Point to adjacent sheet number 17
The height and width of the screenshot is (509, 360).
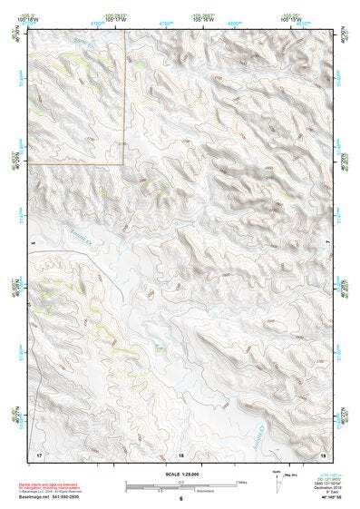click(x=38, y=454)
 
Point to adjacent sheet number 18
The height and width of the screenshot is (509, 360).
click(x=180, y=454)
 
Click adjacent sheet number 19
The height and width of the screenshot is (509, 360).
click(x=324, y=454)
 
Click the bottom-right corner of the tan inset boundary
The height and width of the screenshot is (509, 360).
click(x=124, y=163)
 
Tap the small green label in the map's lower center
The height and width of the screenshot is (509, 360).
click(x=160, y=345)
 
